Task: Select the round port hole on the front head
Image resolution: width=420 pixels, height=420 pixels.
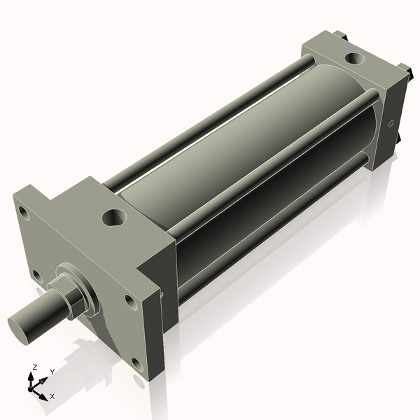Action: (x=114, y=218)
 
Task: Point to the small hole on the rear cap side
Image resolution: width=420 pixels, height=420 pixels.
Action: (x=391, y=124)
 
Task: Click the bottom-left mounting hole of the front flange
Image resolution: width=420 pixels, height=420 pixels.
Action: (x=32, y=274)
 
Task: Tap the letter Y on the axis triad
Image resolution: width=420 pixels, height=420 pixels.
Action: (x=52, y=372)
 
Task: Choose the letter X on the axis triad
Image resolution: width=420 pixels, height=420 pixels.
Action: (x=52, y=395)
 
